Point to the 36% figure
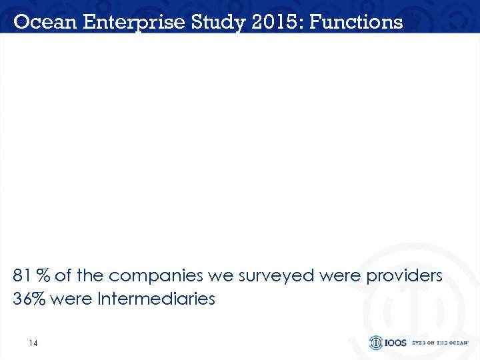pyautogui.click(x=29, y=299)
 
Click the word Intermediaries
pyautogui.click(x=156, y=299)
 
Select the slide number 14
pyautogui.click(x=33, y=343)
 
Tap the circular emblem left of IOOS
pyautogui.click(x=376, y=343)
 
